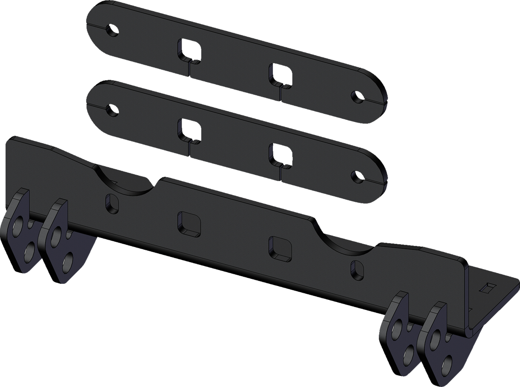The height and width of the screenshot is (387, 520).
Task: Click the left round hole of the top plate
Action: tap(114, 30)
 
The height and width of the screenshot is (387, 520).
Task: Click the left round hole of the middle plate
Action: tap(112, 109)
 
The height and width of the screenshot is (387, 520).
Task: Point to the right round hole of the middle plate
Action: tap(355, 175)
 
